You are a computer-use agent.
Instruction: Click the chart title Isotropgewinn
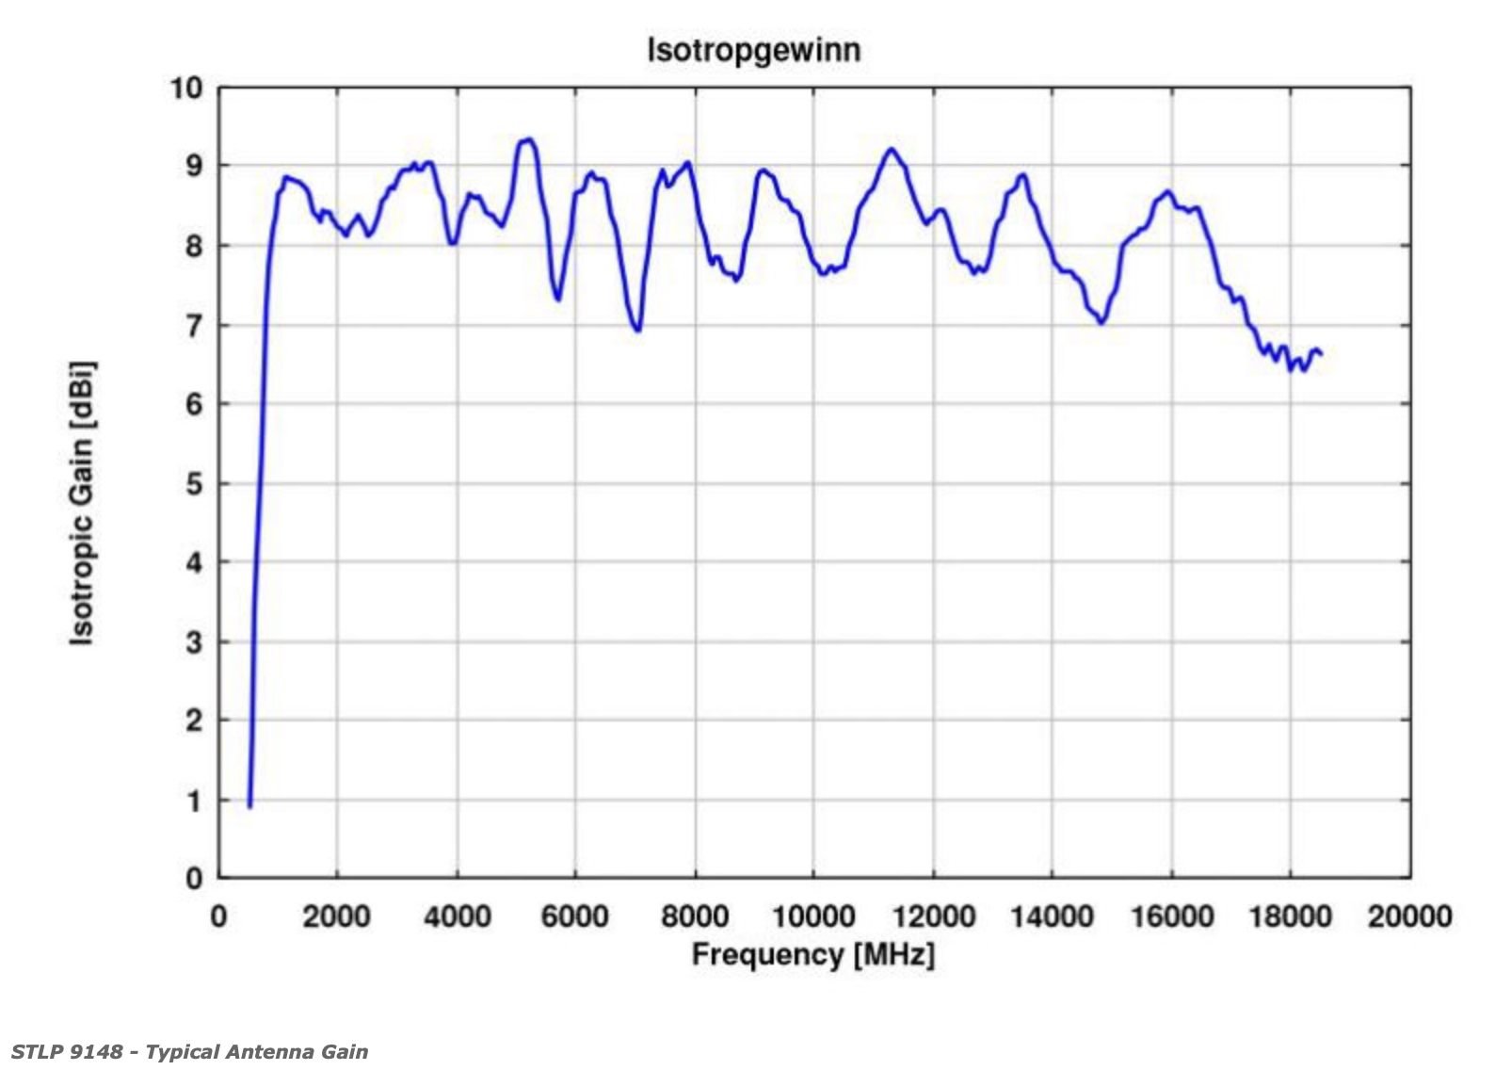pos(753,49)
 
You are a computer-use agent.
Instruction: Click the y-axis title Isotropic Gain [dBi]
pos(83,503)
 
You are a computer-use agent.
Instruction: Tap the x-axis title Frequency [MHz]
pos(813,955)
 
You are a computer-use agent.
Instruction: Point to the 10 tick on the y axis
pos(186,89)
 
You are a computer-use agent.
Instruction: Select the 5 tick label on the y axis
pos(194,484)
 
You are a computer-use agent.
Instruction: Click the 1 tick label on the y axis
pos(194,801)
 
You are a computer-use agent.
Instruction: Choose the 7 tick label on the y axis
pos(194,326)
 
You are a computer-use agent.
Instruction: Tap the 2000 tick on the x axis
pos(337,916)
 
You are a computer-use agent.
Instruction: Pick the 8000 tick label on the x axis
pos(695,916)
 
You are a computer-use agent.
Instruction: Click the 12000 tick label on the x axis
pos(933,916)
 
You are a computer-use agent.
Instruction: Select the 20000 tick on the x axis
pos(1409,916)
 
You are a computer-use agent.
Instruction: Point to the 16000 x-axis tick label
pos(1171,916)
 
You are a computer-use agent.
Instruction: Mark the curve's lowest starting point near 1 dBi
pos(249,806)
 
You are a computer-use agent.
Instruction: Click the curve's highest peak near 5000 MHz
pos(528,139)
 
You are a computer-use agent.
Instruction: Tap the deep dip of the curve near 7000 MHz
pos(638,331)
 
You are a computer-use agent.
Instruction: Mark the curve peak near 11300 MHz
pos(891,149)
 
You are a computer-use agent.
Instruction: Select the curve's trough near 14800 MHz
pos(1101,323)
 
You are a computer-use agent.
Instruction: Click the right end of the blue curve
pos(1322,354)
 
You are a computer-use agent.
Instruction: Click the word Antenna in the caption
pos(273,1052)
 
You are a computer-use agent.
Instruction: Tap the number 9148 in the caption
pos(95,1052)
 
